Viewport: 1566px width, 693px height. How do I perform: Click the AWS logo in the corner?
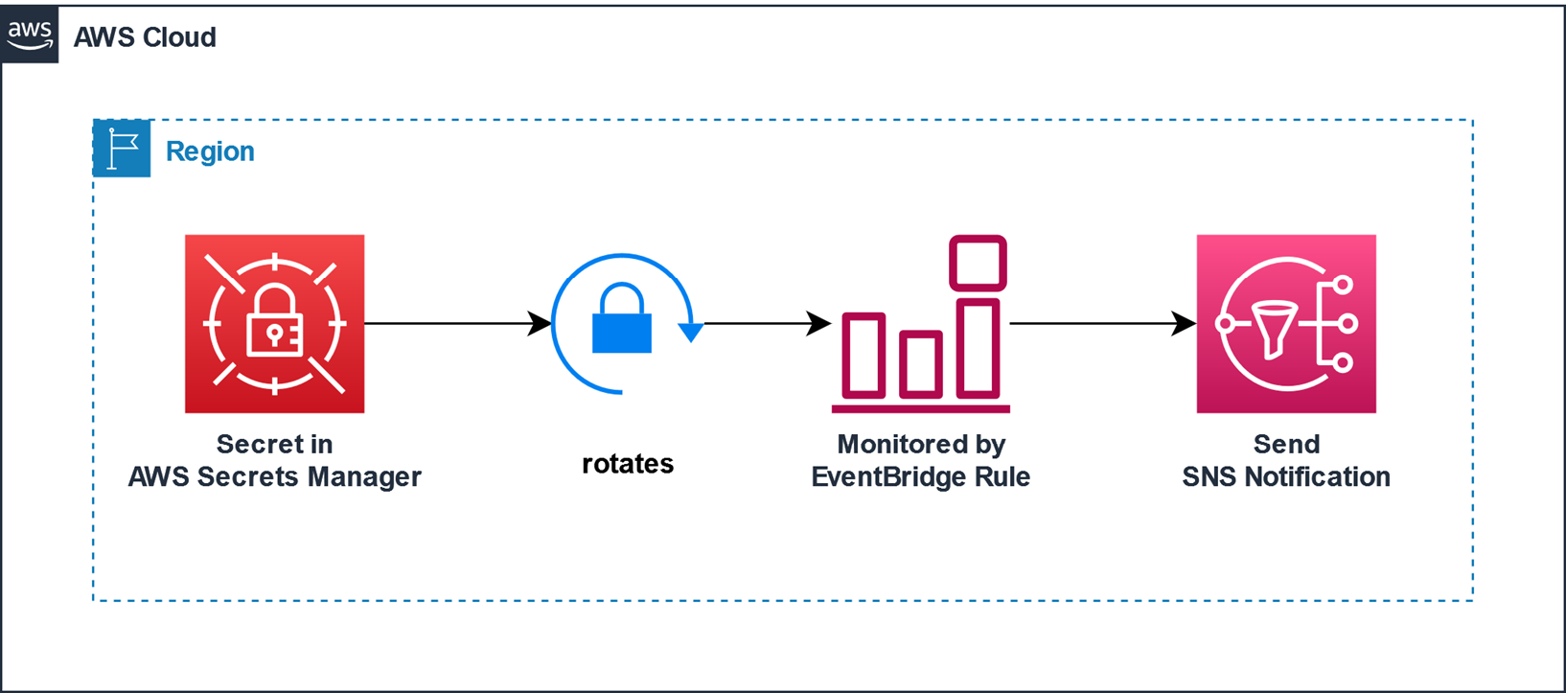tap(30, 35)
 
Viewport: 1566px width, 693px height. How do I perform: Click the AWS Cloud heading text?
tap(145, 37)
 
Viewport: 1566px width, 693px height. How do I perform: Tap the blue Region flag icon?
tap(122, 150)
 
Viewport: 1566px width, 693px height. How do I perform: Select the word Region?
tap(210, 151)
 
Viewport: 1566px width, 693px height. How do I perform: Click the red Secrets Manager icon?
tap(274, 324)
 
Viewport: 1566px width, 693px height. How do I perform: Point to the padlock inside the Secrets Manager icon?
tap(275, 322)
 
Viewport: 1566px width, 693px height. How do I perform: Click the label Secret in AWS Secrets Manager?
tap(274, 461)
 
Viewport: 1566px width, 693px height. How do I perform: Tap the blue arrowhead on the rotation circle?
tap(690, 333)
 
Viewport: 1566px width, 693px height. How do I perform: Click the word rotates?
tap(628, 464)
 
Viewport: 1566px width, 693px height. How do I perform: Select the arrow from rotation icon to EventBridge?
tap(767, 324)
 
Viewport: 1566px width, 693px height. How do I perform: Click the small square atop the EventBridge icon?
tap(978, 263)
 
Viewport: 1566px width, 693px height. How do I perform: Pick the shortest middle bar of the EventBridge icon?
tap(920, 364)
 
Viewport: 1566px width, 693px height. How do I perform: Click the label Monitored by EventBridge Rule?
tap(920, 461)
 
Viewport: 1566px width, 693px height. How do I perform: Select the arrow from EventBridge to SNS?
tap(1102, 324)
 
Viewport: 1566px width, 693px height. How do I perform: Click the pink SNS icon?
tap(1286, 324)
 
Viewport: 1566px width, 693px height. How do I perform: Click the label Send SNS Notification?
tap(1286, 461)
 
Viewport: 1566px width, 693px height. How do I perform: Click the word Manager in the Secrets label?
tap(368, 477)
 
